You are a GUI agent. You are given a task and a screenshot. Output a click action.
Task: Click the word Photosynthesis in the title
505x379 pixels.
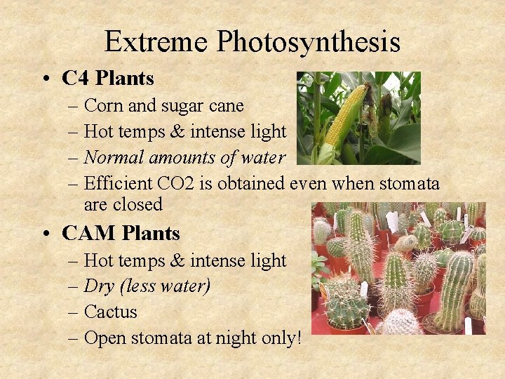[x=309, y=42]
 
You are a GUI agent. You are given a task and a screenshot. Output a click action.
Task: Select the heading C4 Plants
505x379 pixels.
[x=107, y=78]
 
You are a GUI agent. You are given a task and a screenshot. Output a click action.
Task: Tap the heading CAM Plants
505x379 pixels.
[x=121, y=233]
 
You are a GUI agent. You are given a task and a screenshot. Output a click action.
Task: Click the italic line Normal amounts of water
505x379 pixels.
[x=184, y=158]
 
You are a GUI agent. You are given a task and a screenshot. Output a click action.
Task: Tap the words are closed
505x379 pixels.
[x=123, y=205]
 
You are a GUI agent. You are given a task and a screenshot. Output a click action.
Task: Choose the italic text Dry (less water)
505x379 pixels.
[x=147, y=286]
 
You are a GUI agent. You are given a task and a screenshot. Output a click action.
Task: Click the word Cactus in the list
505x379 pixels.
[x=110, y=312]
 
